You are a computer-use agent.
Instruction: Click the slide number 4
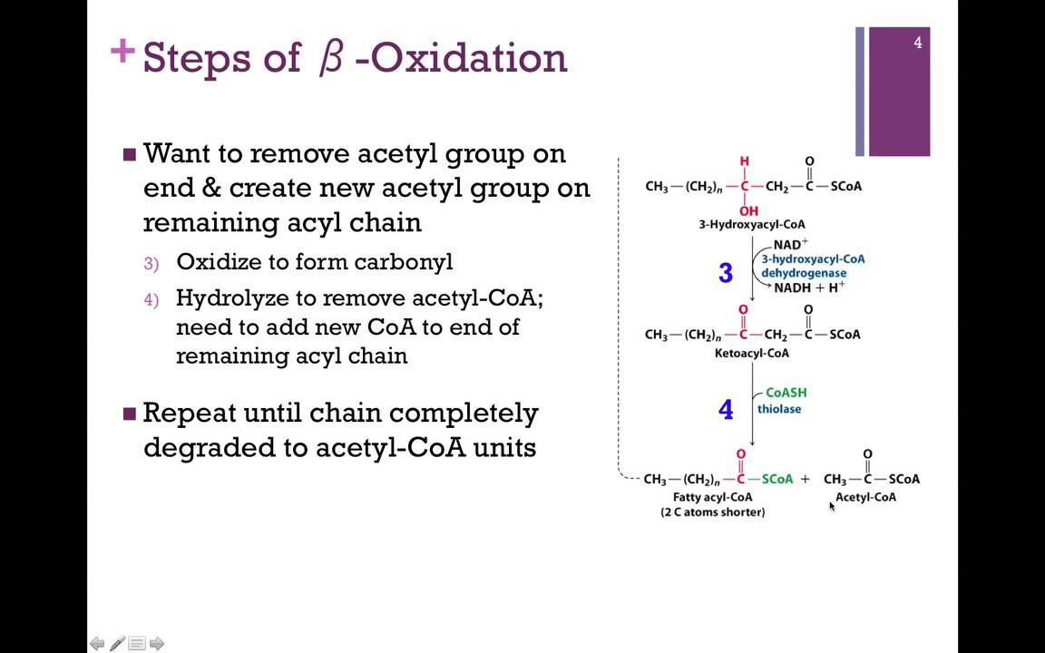(917, 43)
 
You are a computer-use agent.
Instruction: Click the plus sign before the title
(122, 52)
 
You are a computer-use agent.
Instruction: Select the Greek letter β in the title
(331, 58)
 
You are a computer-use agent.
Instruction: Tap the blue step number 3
(726, 273)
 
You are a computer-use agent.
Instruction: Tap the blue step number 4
(726, 410)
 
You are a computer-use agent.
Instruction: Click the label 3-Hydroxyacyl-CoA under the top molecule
(751, 224)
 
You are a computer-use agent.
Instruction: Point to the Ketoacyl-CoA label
(751, 353)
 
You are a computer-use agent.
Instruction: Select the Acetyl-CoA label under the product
(865, 497)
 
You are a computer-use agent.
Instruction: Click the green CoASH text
(786, 393)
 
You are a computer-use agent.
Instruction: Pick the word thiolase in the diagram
(779, 409)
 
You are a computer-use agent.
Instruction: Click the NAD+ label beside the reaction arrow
(790, 245)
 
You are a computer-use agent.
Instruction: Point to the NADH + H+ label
(808, 288)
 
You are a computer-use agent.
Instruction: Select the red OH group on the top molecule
(748, 211)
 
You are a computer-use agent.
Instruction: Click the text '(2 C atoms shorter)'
(712, 512)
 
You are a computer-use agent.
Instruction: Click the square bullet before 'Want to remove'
(129, 154)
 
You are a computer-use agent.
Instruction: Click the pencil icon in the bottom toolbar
(117, 644)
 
